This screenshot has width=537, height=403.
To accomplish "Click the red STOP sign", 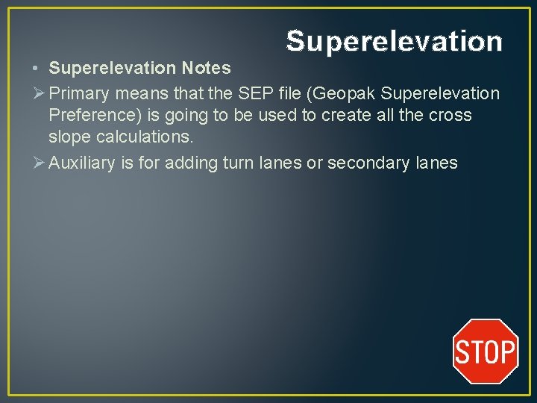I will (486, 351).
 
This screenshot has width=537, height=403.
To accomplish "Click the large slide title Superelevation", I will (394, 42).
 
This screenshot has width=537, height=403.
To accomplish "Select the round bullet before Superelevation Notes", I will (37, 69).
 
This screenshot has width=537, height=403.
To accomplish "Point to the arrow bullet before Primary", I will (38, 93).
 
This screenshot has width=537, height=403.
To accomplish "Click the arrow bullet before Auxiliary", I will (38, 163).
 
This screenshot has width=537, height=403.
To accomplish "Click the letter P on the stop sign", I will (506, 352).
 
